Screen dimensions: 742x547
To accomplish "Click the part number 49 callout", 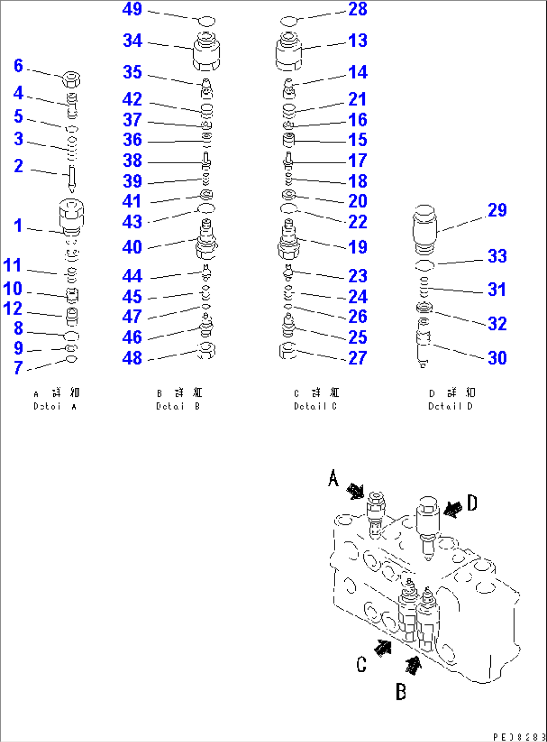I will (132, 9).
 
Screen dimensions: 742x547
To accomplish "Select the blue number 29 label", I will (497, 210).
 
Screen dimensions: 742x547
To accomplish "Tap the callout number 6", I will (18, 65).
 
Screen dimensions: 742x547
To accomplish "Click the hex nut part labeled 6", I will (72, 79).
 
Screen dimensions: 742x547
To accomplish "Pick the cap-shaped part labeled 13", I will (289, 52).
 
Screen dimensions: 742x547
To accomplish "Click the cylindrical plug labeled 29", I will (425, 229).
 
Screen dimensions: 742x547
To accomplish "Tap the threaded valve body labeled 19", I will (289, 241).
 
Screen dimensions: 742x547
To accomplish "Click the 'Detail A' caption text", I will (55, 406).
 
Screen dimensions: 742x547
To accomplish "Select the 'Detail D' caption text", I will (450, 406).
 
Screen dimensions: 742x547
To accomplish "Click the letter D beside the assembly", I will (472, 502).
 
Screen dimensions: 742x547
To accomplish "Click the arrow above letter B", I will (413, 665).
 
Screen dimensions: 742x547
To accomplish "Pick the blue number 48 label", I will (132, 358).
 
